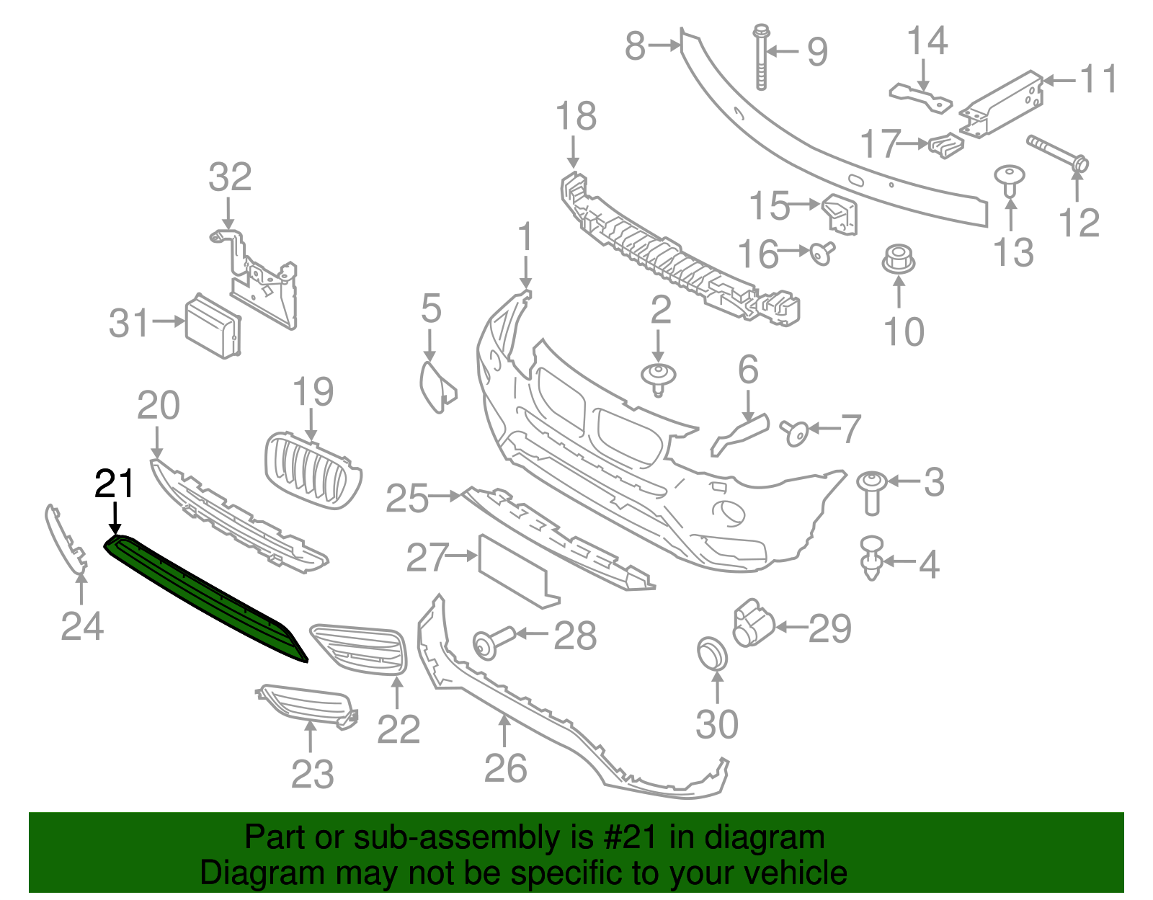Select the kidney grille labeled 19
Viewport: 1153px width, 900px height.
click(312, 471)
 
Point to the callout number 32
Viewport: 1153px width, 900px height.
click(230, 177)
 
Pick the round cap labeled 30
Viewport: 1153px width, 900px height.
click(712, 653)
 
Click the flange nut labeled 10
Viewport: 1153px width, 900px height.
click(898, 259)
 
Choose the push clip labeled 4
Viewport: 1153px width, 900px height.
click(872, 558)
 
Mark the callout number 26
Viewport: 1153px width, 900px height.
click(505, 768)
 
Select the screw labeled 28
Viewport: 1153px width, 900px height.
click(492, 641)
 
